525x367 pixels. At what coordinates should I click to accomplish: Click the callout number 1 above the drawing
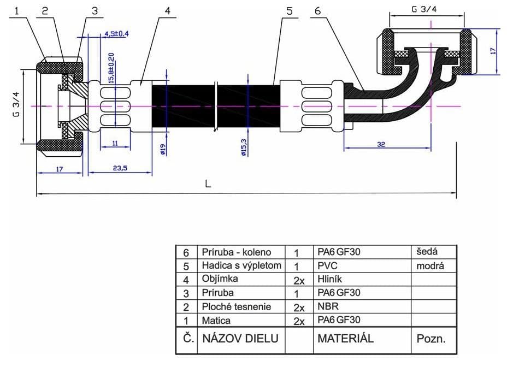coord(17,11)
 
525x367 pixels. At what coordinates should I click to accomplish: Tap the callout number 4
coord(167,11)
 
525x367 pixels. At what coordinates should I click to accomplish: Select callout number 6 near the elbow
coord(317,11)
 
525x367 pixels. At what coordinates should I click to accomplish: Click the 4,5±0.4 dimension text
coord(116,33)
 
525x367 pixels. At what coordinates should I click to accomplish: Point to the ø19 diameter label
coord(163,149)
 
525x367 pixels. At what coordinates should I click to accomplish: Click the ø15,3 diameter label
coord(244,147)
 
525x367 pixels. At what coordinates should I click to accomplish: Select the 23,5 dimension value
coord(120,168)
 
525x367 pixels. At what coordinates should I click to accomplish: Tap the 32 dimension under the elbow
coord(381,144)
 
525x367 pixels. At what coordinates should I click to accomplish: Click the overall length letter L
coord(208,184)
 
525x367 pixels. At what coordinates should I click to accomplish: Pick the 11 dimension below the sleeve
coord(115,143)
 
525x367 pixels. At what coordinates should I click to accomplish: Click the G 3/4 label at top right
coord(424,9)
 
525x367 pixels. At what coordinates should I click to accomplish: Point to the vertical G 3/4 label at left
coord(16,104)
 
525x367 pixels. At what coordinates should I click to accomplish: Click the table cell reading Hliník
coord(329,279)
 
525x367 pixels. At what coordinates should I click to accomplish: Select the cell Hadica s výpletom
coord(241,265)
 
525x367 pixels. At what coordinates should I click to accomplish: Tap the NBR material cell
coord(328,306)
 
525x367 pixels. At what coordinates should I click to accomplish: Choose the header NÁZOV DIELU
coord(240,339)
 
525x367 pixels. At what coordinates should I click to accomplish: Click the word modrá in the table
coord(430,266)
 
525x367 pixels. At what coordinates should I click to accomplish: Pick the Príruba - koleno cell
coord(237,252)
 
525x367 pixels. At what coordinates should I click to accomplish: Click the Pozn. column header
coord(431,339)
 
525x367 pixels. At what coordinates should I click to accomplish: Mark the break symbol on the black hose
coord(216,106)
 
